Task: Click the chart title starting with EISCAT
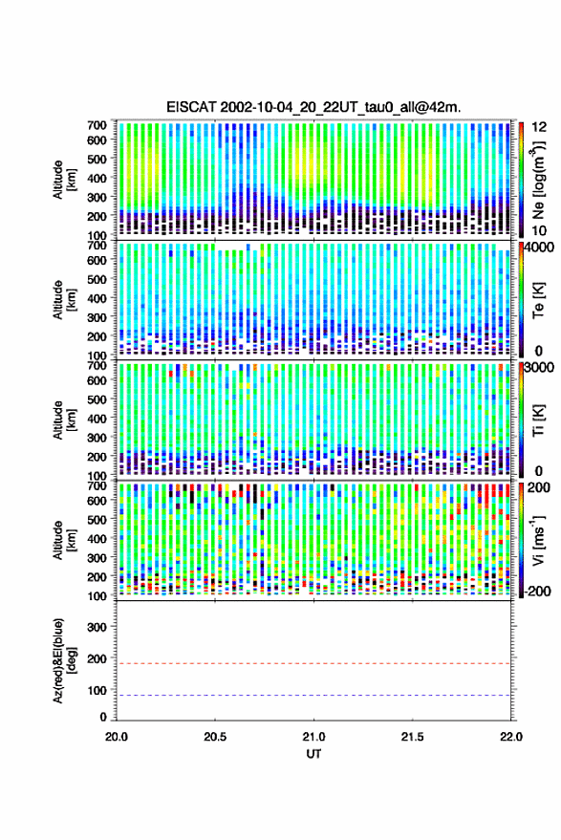(313, 107)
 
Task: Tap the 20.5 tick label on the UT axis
(215, 737)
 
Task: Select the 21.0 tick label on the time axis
(313, 737)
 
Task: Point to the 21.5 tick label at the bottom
(412, 737)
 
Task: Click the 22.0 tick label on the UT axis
(510, 737)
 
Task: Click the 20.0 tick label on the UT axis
(117, 737)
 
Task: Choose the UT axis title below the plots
(313, 754)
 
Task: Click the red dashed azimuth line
(313, 663)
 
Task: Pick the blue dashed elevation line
(313, 696)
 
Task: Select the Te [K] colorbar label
(538, 300)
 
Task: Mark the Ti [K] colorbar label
(538, 420)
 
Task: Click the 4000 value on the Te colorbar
(537, 248)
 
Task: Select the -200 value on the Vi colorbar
(536, 592)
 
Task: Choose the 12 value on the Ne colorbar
(539, 127)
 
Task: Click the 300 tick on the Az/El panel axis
(97, 627)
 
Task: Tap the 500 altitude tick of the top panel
(97, 159)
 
